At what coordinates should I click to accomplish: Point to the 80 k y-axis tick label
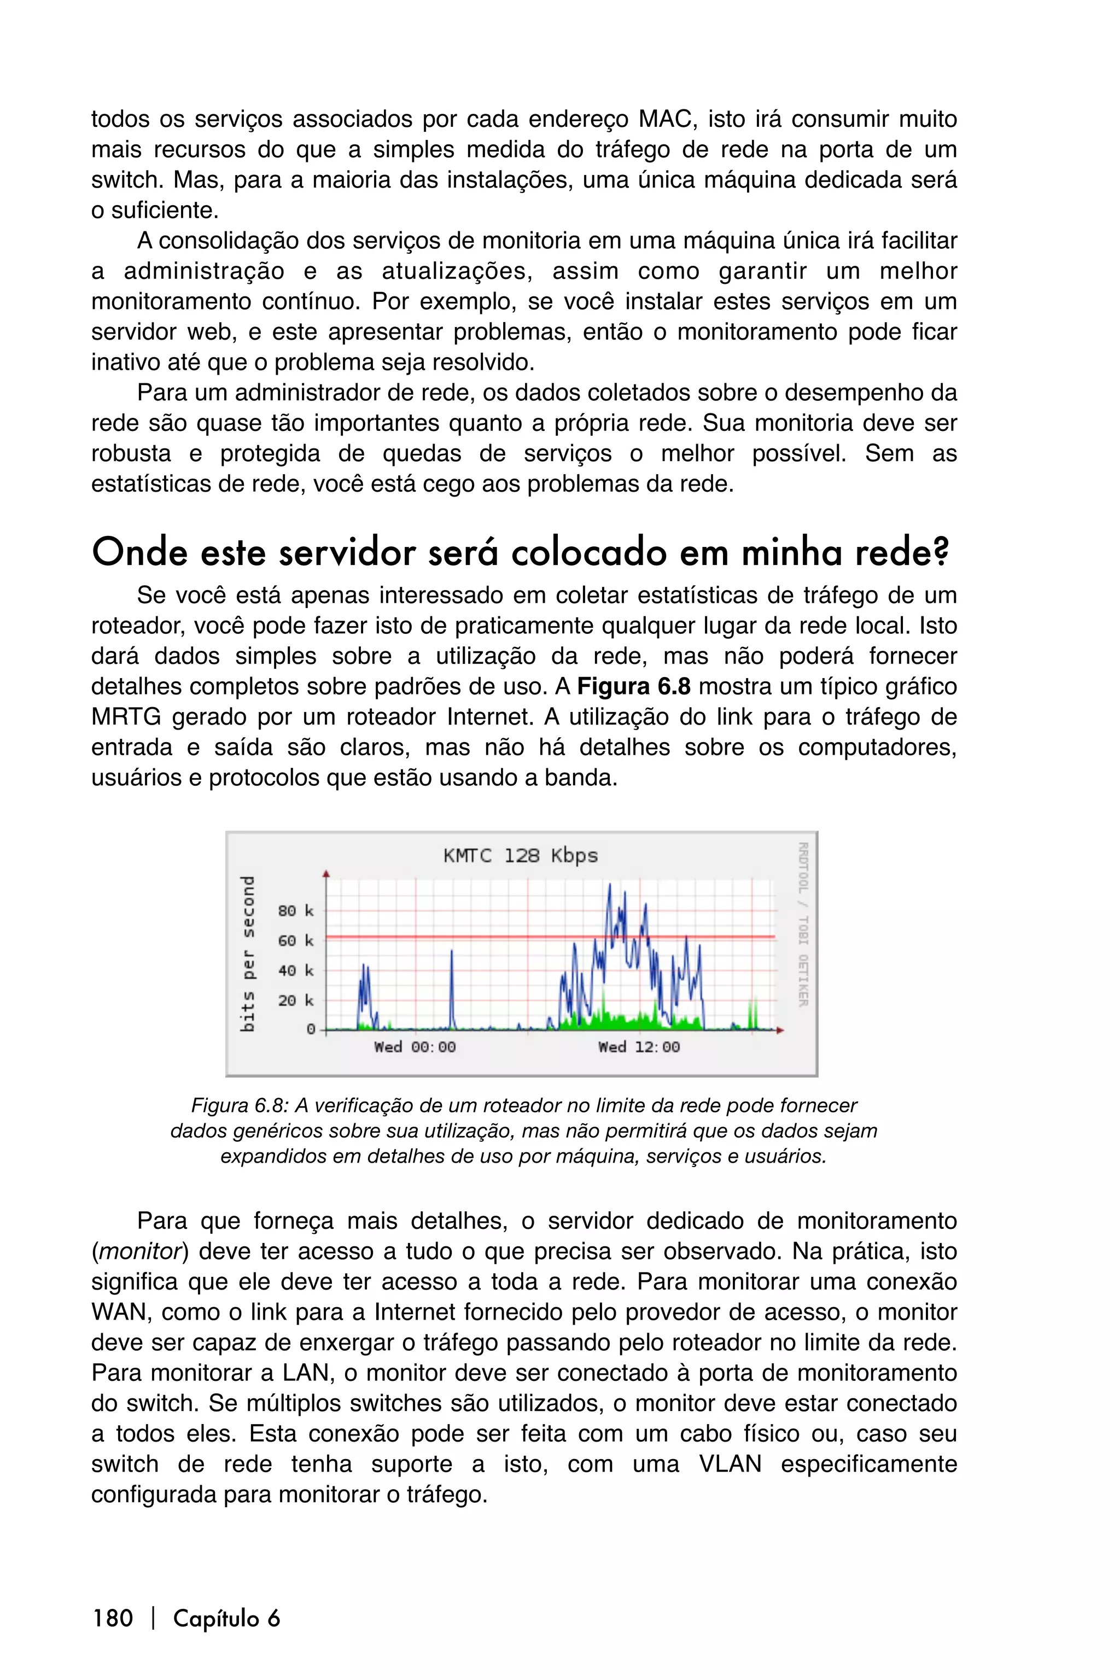click(296, 911)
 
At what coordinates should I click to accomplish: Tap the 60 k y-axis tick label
click(296, 941)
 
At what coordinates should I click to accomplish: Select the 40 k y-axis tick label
click(296, 971)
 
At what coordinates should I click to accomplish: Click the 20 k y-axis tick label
click(296, 1001)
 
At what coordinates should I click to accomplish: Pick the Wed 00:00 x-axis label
click(415, 1047)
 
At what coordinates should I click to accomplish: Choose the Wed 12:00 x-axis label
click(639, 1047)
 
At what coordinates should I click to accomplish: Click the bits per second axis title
click(247, 954)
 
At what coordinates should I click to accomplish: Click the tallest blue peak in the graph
click(609, 886)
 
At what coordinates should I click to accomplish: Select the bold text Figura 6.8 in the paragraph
click(634, 686)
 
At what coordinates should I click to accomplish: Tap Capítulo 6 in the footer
click(226, 1619)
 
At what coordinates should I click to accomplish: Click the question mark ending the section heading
click(942, 553)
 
